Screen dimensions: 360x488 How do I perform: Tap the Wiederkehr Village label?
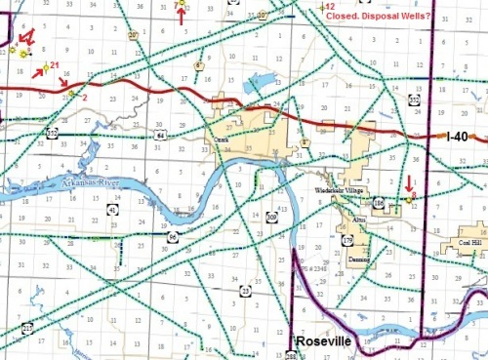pos(364,187)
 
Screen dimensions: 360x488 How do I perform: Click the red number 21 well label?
pos(55,65)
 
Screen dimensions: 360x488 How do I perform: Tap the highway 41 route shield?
pos(114,209)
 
